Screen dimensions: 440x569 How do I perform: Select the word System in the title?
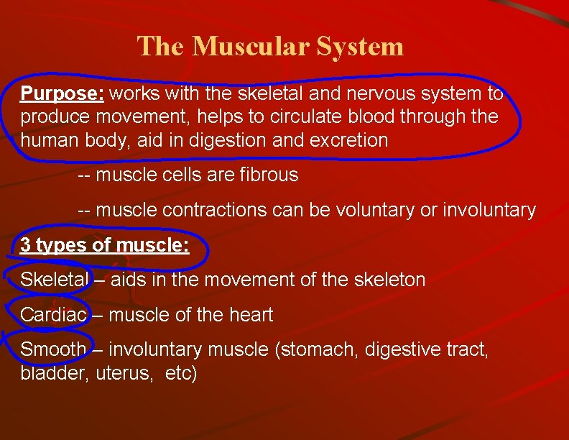pos(358,47)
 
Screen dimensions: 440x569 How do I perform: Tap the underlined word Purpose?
pos(63,94)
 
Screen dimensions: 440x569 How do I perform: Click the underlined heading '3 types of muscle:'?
pos(105,245)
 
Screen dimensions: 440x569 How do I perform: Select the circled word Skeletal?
pos(55,280)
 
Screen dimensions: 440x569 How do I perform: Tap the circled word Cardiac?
pos(54,315)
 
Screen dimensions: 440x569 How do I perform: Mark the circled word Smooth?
pos(53,350)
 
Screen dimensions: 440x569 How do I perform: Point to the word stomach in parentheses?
pos(320,350)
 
